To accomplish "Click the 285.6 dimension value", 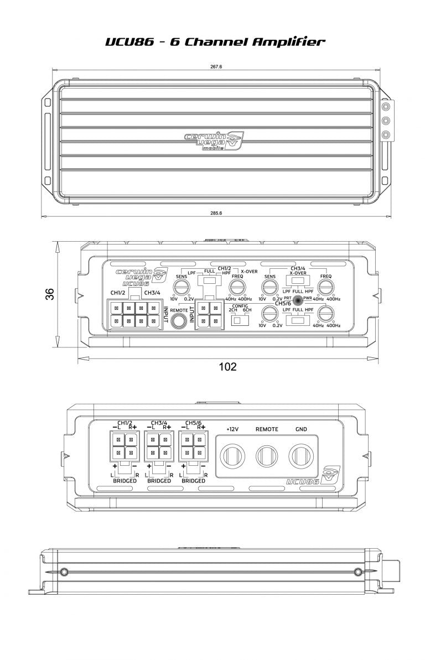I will pyautogui.click(x=216, y=213).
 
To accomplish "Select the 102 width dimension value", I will pyautogui.click(x=227, y=366).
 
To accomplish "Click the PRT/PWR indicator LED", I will pyautogui.click(x=298, y=300).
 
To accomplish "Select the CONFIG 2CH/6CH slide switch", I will pyautogui.click(x=240, y=321).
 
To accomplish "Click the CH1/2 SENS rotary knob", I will pyautogui.click(x=180, y=287).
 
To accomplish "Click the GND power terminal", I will pyautogui.click(x=300, y=456).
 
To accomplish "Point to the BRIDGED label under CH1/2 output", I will pyautogui.click(x=125, y=481).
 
